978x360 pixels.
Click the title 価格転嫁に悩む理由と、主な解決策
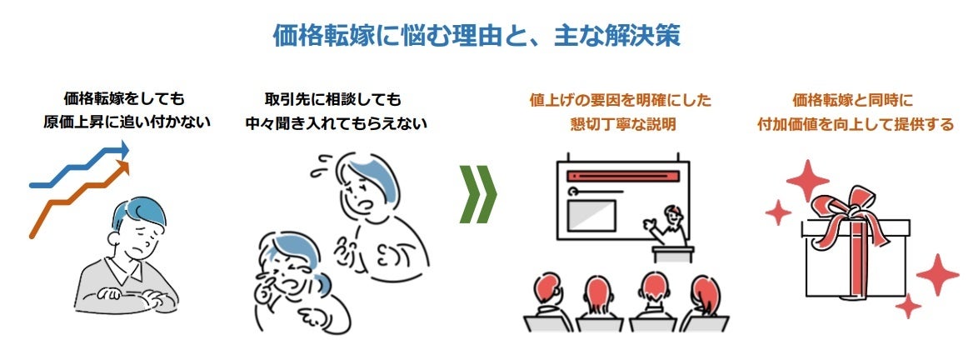(477, 34)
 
